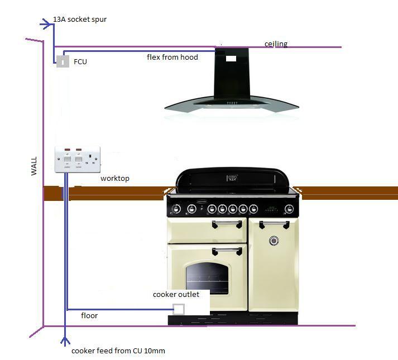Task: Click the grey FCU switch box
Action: (x=63, y=61)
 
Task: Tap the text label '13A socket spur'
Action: (x=80, y=20)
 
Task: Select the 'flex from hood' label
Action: (x=172, y=57)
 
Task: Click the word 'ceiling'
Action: (x=276, y=44)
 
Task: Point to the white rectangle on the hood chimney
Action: (x=231, y=59)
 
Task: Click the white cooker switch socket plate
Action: (x=78, y=160)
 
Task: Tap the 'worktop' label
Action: (x=115, y=178)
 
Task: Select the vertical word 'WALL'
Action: (x=34, y=166)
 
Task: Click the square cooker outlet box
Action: (x=179, y=309)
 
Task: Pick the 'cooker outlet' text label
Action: (x=176, y=295)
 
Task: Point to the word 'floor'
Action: (x=89, y=315)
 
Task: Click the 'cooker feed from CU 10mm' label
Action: (x=118, y=351)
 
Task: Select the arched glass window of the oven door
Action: (x=208, y=279)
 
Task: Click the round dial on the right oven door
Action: (x=274, y=241)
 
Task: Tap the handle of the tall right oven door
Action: (x=274, y=224)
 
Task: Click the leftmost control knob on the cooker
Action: (x=176, y=209)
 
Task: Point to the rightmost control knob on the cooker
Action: (x=289, y=209)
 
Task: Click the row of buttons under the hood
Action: (x=232, y=103)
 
